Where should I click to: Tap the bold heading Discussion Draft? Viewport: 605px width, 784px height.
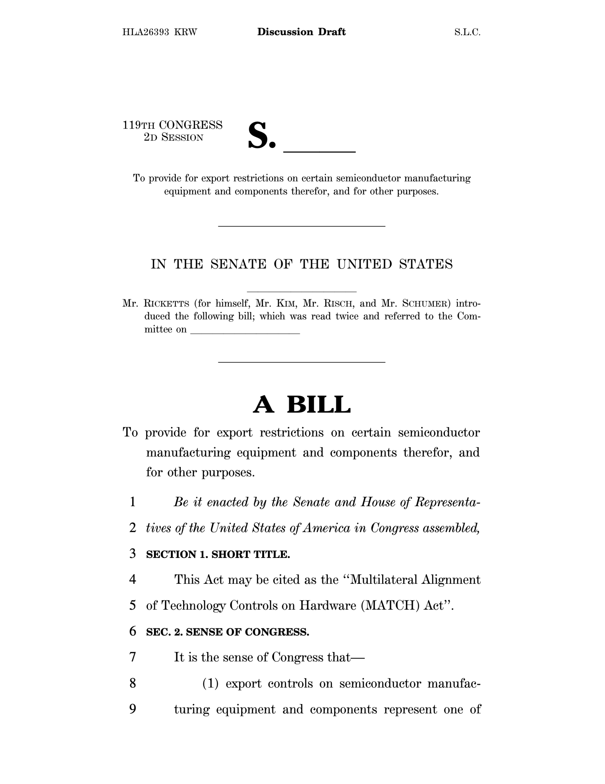click(x=301, y=32)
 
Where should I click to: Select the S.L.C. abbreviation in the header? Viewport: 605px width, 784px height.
click(x=467, y=32)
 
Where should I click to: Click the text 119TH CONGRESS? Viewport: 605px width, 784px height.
click(x=173, y=125)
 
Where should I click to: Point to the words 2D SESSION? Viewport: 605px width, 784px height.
click(x=174, y=137)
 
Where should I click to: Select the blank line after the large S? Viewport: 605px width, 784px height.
click(x=319, y=151)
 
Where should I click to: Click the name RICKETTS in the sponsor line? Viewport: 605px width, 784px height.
click(x=167, y=304)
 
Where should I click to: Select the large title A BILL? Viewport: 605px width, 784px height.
click(x=301, y=405)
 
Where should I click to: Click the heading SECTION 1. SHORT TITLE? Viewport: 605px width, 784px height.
click(x=218, y=554)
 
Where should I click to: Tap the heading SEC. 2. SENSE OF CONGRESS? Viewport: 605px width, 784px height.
click(x=227, y=632)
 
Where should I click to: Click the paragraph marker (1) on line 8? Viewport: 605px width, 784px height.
click(x=211, y=684)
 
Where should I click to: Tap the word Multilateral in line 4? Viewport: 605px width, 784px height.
click(x=384, y=580)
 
